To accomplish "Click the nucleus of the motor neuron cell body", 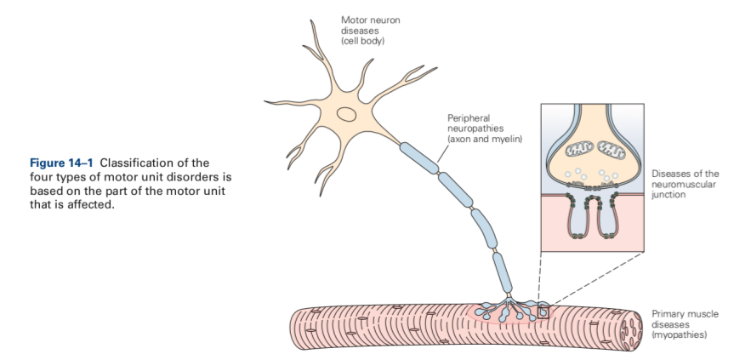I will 346,114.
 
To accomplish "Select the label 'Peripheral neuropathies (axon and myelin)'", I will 483,129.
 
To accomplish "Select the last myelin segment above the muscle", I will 502,273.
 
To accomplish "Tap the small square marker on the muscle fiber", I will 543,311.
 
